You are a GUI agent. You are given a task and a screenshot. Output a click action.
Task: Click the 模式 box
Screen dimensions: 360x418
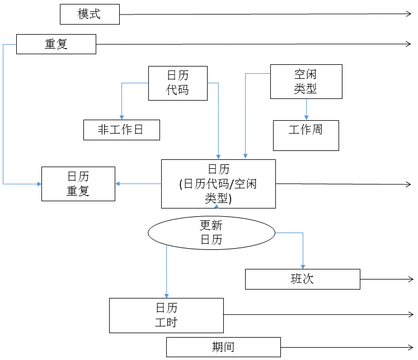[90, 14]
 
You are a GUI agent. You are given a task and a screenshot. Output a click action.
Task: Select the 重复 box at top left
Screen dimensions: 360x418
[56, 44]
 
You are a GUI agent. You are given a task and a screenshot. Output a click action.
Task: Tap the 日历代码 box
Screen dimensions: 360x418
[177, 83]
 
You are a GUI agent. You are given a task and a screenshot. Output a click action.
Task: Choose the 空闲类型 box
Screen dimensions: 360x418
[306, 82]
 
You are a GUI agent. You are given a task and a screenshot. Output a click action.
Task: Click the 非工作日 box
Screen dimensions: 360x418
[121, 130]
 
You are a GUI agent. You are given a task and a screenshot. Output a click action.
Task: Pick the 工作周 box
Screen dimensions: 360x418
[306, 135]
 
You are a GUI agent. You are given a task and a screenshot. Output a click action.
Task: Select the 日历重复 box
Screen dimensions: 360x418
[78, 184]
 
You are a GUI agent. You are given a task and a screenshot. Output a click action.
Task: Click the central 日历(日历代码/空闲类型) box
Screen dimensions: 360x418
[218, 184]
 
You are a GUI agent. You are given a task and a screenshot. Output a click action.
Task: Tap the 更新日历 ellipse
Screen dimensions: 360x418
[212, 233]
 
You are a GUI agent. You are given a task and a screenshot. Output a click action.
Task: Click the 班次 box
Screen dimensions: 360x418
[302, 279]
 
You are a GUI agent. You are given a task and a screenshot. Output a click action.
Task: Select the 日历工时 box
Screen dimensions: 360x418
[166, 315]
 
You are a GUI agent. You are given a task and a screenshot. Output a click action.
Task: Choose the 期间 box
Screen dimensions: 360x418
[223, 347]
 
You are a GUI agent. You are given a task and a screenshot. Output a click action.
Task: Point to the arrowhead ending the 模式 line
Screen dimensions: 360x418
[409, 14]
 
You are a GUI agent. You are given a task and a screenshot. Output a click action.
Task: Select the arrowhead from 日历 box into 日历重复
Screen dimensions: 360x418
[118, 183]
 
